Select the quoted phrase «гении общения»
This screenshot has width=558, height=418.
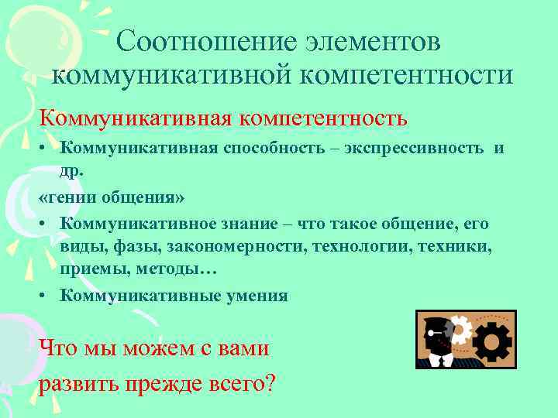[112, 197]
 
